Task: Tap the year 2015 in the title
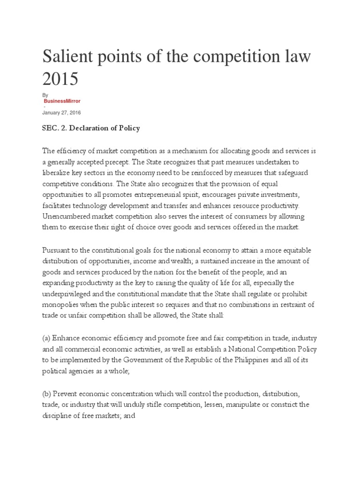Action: click(60, 79)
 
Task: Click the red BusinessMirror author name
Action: click(61, 101)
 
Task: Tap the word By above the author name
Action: click(45, 95)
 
